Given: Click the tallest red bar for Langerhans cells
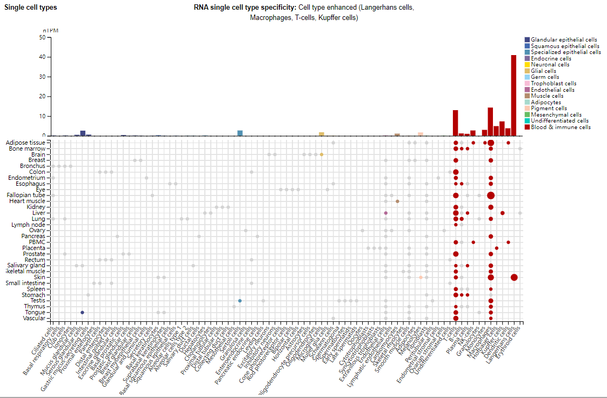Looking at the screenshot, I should click(513, 95).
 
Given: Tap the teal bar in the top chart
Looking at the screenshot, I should click(240, 133).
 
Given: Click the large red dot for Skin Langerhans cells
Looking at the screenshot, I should click(514, 278).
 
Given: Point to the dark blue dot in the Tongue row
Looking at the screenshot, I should click(82, 313).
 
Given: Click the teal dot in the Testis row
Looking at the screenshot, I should click(239, 301).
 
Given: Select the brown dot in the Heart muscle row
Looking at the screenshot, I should click(397, 201).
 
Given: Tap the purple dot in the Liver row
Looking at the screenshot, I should click(386, 213).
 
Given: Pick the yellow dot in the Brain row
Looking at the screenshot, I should click(322, 154).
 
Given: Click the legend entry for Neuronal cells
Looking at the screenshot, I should click(550, 65).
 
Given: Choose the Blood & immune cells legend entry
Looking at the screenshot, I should click(561, 127).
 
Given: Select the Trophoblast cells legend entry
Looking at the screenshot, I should click(553, 84).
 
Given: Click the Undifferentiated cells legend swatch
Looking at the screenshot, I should click(527, 121).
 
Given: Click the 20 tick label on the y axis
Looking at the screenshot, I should click(42, 97).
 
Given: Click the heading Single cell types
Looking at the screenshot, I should click(31, 8).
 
